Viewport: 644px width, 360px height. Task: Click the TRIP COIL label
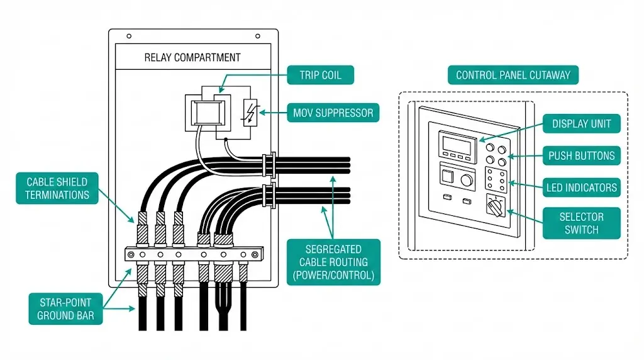(321, 75)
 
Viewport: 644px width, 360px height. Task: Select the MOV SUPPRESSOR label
(333, 113)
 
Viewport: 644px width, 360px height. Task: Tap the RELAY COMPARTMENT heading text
(192, 57)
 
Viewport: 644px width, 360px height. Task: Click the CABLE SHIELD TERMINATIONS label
(58, 188)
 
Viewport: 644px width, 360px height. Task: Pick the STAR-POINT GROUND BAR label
(65, 308)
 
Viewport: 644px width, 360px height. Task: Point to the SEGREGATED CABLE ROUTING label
(333, 261)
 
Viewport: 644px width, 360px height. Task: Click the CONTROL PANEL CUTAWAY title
(513, 75)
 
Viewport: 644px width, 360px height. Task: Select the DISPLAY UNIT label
(582, 123)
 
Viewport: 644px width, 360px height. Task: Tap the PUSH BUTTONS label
(582, 155)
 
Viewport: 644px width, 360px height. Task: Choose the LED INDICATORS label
(582, 187)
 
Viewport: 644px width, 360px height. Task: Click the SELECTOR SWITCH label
(582, 223)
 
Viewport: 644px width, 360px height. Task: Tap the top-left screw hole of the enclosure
(129, 36)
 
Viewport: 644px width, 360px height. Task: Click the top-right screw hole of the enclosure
(258, 36)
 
